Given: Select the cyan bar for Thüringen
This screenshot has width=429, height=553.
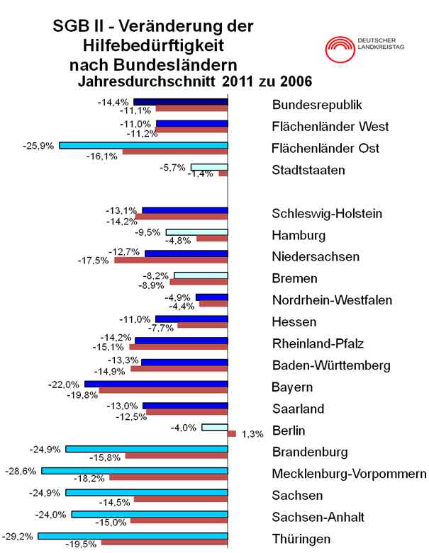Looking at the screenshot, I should click(133, 536).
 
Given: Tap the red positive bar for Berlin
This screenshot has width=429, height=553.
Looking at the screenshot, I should click(232, 433).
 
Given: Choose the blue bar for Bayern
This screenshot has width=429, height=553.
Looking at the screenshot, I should click(156, 384).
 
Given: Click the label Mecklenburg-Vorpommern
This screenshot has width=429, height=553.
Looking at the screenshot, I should click(349, 474).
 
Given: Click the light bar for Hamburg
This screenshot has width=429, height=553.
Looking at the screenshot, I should click(196, 232).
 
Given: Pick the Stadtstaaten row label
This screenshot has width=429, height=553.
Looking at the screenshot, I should click(308, 170).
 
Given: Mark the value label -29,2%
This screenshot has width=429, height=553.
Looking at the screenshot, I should click(20, 536).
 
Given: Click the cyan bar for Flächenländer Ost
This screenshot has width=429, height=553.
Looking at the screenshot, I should click(143, 145).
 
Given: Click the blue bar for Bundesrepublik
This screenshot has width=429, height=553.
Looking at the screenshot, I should click(181, 102).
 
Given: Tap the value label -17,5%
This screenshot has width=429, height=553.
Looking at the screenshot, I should click(93, 261).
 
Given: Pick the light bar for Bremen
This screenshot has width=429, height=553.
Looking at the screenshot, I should click(201, 275).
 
